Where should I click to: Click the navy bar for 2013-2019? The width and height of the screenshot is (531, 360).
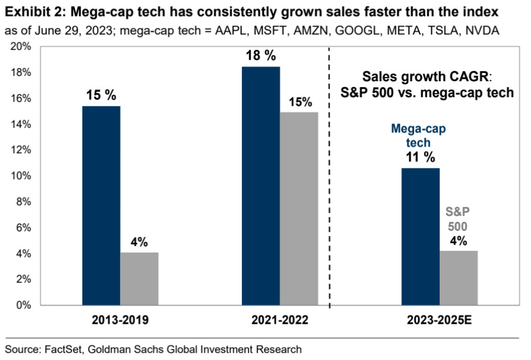[101, 206]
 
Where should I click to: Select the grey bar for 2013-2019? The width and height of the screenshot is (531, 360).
[139, 279]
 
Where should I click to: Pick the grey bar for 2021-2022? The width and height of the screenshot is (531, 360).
[299, 209]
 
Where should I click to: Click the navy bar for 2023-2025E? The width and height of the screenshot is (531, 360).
[420, 237]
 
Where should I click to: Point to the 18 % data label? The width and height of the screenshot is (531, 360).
[261, 56]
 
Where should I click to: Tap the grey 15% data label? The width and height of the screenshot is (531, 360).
[300, 101]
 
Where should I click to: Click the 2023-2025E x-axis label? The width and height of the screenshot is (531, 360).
[439, 320]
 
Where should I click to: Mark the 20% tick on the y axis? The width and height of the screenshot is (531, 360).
[24, 47]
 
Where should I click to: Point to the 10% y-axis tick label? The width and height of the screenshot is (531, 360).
[24, 176]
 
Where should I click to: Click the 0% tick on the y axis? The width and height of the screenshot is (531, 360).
[27, 305]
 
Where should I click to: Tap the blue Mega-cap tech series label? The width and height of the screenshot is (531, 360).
[420, 135]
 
